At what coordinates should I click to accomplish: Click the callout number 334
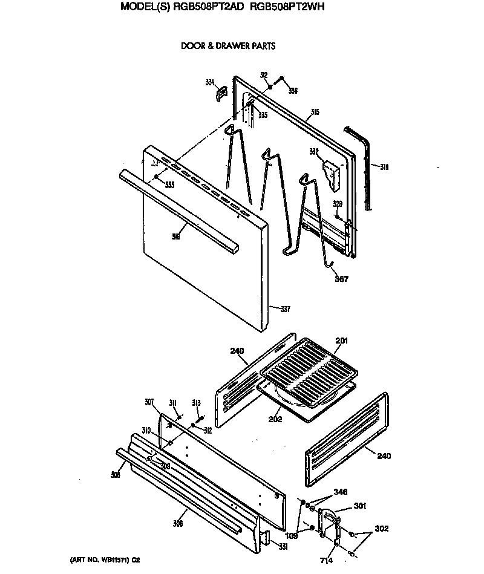[210, 82]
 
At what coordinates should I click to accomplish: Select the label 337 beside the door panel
[285, 309]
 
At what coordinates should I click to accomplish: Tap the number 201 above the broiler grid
[342, 341]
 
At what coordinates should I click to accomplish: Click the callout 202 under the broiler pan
[275, 419]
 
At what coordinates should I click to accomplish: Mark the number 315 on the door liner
[315, 112]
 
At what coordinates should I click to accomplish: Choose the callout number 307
[149, 402]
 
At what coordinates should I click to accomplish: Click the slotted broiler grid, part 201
[312, 369]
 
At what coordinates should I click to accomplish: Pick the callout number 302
[382, 528]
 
